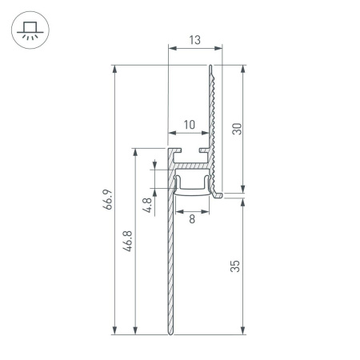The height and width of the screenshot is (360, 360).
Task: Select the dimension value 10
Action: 189,124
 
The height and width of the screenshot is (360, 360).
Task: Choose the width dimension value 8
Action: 192,218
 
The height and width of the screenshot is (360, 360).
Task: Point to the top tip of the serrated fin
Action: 211,67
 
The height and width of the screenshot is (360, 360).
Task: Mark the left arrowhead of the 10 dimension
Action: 170,133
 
